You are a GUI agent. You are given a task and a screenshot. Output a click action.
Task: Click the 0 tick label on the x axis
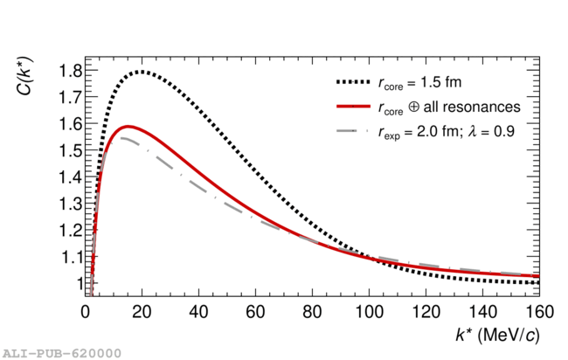tap(86, 311)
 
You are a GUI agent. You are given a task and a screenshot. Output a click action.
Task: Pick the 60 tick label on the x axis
tap(255, 311)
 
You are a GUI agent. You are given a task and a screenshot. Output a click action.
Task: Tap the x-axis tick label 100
tap(368, 311)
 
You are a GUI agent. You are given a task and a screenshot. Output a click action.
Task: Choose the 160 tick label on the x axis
tap(538, 311)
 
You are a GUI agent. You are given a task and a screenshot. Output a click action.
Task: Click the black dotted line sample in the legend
tap(352, 84)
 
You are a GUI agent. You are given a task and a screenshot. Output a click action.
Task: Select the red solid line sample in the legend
tap(352, 107)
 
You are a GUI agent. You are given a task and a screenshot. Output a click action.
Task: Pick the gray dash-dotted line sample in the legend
tap(352, 131)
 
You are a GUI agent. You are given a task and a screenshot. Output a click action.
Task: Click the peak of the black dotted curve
tap(141, 72)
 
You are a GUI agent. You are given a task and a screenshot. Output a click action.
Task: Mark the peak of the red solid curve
tap(129, 127)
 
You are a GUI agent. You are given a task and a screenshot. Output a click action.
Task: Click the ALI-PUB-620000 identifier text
tap(60, 352)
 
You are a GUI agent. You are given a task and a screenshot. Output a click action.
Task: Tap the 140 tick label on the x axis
tap(481, 311)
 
